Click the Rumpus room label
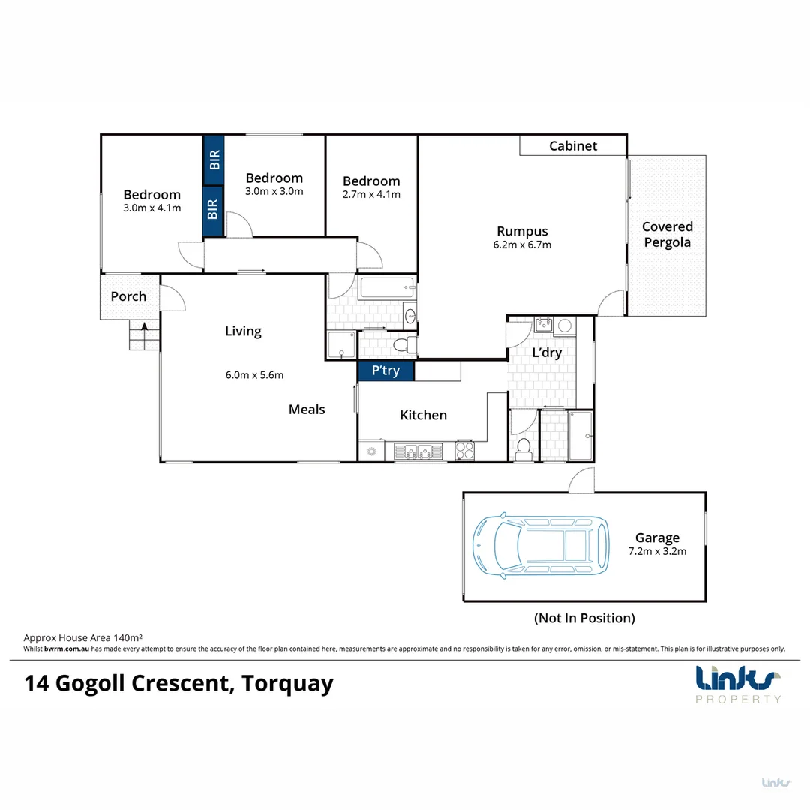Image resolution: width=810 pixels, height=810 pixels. tap(522, 231)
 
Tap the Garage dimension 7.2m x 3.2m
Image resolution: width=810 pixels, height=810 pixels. tap(657, 551)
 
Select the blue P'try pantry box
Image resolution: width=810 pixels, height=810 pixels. tap(385, 370)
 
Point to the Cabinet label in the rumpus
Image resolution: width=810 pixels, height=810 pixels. tap(573, 145)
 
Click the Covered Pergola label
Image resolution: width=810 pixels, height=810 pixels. tap(667, 235)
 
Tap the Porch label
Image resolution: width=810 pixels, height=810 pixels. tap(128, 296)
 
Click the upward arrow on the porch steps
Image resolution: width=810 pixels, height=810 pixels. tap(144, 327)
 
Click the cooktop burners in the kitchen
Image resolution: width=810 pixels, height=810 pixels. tap(465, 451)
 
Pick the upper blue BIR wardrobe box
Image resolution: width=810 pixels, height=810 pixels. tap(214, 159)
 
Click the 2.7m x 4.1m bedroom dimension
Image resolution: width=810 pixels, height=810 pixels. tap(371, 194)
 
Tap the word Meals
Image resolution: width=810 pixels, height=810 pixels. tap(307, 409)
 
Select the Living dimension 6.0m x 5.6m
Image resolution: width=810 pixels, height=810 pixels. tap(255, 375)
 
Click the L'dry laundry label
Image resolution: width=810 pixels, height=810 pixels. tap(547, 352)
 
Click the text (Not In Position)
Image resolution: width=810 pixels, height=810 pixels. tap(584, 618)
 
